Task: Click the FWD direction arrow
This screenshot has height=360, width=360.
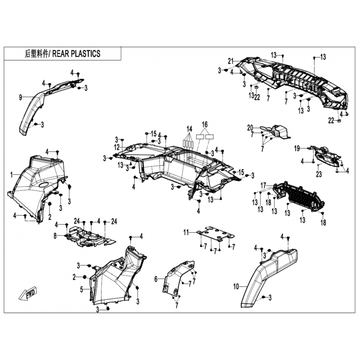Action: (27, 293)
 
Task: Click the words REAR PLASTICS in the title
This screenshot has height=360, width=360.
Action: (76, 54)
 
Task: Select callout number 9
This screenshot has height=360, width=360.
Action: (20, 98)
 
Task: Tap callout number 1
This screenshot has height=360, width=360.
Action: (12, 175)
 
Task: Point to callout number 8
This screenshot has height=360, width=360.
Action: (55, 236)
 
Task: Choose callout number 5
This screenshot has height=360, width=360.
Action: (81, 290)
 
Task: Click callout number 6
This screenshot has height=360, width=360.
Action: (156, 279)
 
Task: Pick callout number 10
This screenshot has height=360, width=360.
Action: (236, 287)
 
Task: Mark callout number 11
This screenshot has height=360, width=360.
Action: (186, 233)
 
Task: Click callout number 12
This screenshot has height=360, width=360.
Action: (117, 147)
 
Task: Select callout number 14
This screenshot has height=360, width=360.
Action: (189, 129)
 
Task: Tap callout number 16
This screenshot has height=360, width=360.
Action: (205, 125)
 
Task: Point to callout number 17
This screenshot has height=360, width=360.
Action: (263, 185)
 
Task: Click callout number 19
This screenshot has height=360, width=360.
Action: (297, 148)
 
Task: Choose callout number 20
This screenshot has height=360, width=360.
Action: (250, 128)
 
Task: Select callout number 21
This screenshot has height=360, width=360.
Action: (230, 61)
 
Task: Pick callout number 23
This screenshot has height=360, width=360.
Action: (319, 175)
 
